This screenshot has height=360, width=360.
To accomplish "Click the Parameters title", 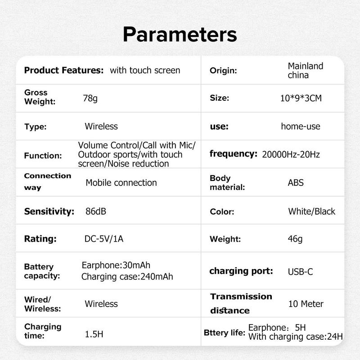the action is tap(180, 35).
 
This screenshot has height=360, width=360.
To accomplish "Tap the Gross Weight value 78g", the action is tap(90, 99).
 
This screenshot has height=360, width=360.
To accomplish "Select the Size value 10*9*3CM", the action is tap(301, 98).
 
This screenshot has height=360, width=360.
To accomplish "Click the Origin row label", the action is tap(223, 71).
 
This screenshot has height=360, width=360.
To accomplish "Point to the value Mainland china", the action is tap(306, 71).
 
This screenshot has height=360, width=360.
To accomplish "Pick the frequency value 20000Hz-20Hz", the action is tap(291, 154).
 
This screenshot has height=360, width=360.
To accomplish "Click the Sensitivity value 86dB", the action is tap(96, 211).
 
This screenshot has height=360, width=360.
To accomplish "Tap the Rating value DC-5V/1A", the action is tap(104, 239).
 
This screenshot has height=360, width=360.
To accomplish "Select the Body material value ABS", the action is tap(296, 183).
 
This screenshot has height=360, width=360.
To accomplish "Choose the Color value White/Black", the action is tap(311, 211).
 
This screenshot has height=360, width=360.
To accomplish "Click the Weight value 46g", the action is tap(295, 239).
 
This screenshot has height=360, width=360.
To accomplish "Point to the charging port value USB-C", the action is tap(300, 272).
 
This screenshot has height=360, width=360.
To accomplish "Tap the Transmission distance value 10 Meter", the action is tap(306, 304).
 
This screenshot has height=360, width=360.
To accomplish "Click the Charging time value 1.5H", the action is tap(94, 334).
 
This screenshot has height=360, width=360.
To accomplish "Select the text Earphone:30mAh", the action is tap(116, 265).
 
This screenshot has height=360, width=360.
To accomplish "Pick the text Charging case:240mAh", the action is tap(127, 277).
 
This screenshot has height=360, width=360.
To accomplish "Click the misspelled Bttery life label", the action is tap(225, 333).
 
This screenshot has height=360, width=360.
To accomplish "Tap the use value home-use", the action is tap(301, 126).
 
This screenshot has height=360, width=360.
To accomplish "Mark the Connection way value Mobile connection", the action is tap(121, 183).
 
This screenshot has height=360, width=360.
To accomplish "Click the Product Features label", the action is tap(64, 70).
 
